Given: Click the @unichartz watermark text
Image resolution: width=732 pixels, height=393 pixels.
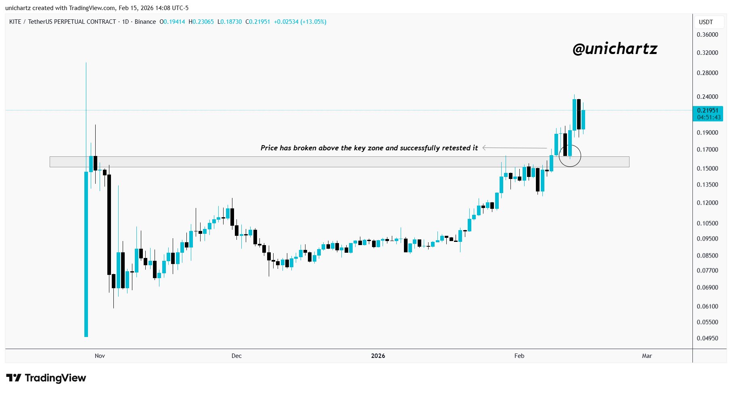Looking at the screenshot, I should (x=615, y=49).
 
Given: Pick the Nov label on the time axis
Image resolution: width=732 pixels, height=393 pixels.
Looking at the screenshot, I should (x=100, y=356).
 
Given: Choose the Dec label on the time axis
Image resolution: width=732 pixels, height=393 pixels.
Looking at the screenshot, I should (x=236, y=356).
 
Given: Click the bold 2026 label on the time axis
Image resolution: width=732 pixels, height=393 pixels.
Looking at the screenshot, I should (x=378, y=356).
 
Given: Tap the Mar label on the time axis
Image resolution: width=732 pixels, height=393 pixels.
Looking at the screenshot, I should (x=647, y=356).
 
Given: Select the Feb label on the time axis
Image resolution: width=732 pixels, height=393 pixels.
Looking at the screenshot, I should (x=519, y=356).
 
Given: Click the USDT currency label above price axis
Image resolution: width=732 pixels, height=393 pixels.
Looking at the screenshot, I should (x=706, y=22).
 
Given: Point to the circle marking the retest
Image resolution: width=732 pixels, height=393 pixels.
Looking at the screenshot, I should (x=570, y=156).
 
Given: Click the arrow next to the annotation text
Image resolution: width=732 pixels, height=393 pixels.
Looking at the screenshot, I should (x=514, y=148).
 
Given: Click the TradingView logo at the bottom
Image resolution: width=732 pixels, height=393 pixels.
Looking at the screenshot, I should (x=46, y=378).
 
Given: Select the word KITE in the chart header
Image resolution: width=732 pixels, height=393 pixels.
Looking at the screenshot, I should (x=15, y=22).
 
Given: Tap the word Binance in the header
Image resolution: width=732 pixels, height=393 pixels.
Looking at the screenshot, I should (x=145, y=22).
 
